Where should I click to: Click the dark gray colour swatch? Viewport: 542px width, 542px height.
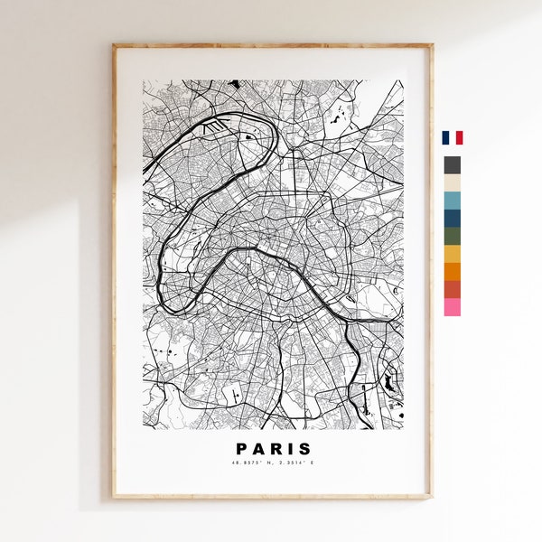point(452,165)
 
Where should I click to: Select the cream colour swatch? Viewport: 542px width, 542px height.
point(452,182)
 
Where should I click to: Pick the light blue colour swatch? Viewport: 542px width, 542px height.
point(452,201)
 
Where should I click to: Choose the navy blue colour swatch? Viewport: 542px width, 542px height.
point(452,218)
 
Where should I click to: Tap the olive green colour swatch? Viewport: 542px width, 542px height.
point(452,236)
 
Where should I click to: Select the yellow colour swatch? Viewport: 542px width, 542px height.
point(452,254)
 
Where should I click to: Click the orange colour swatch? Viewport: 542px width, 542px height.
point(452,271)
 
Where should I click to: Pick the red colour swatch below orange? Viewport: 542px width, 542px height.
point(452,289)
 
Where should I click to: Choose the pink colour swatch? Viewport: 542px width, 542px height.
point(452,307)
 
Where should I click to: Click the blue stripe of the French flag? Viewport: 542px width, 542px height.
point(445,138)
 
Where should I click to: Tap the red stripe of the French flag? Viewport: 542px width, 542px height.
point(460,138)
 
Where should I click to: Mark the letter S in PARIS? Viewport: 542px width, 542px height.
point(304,449)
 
